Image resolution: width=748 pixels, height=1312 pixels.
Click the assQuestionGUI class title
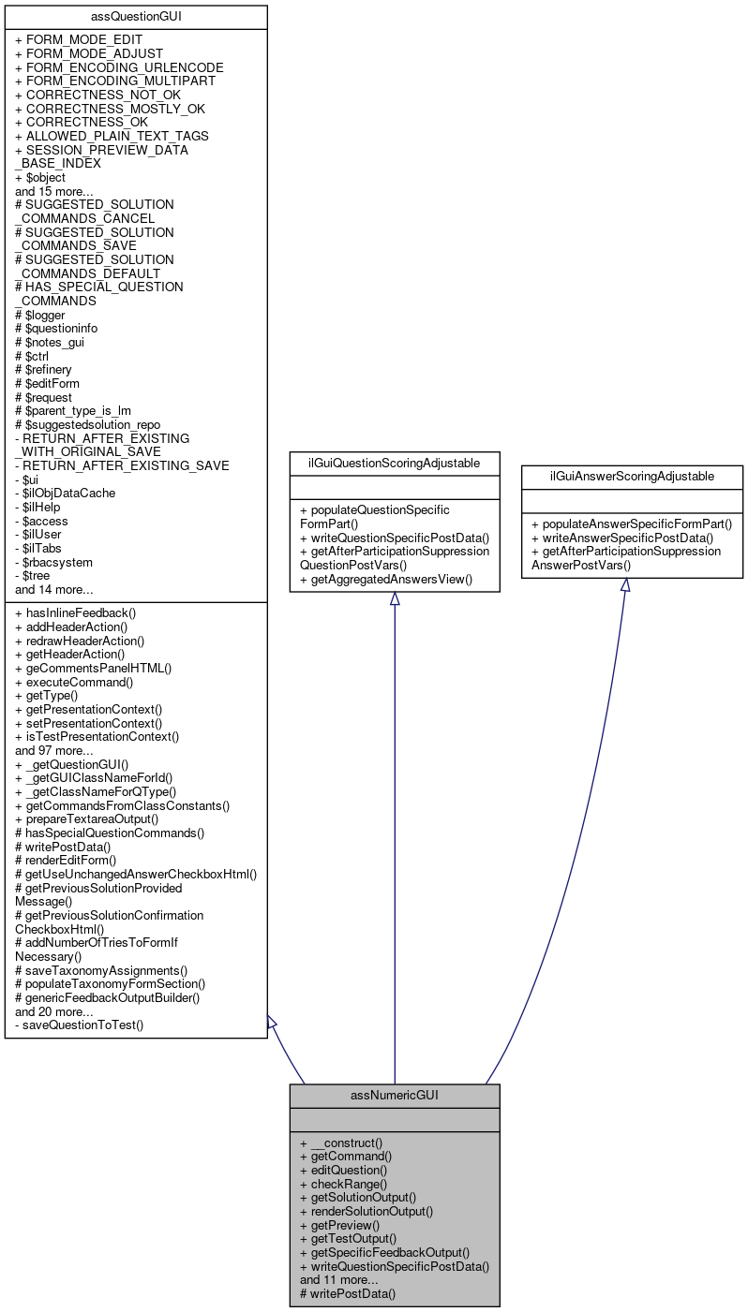point(136,17)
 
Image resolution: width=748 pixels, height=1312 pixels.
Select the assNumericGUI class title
point(395,1095)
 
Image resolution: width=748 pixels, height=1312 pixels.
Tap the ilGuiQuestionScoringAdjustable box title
point(395,463)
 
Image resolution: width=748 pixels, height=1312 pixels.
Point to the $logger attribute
point(40,315)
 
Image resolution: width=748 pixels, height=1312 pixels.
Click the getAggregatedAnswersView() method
point(386,580)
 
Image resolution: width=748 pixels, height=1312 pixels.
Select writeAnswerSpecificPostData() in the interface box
point(622,538)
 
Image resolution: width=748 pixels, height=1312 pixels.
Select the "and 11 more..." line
point(338,1279)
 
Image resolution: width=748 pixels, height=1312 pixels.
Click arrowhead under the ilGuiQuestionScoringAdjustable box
point(395,598)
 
